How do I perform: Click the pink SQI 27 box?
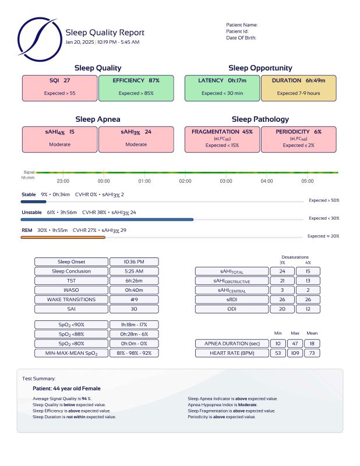pos(59,86)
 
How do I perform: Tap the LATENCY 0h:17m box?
pos(222,86)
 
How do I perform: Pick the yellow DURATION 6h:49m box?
pos(299,86)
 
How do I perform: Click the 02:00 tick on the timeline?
pos(185,181)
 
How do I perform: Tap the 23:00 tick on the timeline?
pos(63,181)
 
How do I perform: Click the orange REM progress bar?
pos(63,238)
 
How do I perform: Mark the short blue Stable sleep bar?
pos(34,202)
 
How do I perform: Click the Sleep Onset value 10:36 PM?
pos(134,262)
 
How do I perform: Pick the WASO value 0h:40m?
pos(134,290)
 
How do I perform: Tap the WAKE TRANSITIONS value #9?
pos(134,299)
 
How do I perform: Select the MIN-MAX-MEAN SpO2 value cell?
pos(134,352)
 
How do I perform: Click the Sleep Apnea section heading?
pos(98,119)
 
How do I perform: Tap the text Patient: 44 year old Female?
pos(66,388)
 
